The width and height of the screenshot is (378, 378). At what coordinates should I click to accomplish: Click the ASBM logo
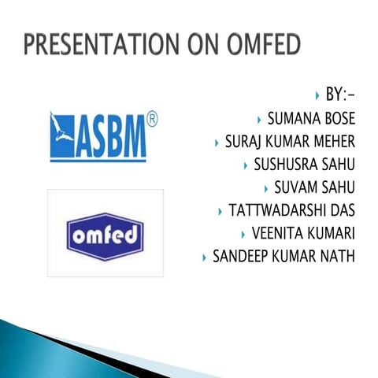[98, 136]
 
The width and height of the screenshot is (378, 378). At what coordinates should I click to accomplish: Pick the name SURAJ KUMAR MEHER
[290, 143]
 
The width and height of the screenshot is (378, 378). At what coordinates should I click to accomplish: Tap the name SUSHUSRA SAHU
[304, 165]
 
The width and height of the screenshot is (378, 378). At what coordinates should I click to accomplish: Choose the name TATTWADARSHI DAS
[291, 211]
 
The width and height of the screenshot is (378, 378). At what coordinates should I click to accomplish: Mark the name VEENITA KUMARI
[303, 234]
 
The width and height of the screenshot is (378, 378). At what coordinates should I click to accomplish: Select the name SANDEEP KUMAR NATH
[283, 257]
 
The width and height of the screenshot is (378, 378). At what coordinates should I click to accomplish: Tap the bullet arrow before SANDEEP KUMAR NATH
[205, 258]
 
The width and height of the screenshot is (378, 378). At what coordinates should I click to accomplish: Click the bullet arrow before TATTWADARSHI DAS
[220, 212]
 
